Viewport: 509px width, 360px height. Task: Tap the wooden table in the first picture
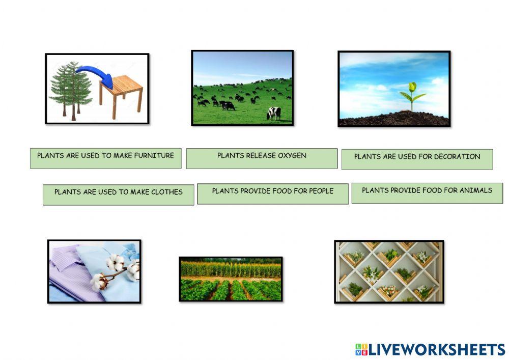[122, 92]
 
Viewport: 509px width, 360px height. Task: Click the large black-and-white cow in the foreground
[274, 113]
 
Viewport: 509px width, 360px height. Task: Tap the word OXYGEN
[292, 155]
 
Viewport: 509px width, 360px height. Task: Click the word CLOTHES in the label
[166, 192]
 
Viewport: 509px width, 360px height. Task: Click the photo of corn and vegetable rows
[231, 279]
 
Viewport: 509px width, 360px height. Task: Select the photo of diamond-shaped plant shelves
[389, 271]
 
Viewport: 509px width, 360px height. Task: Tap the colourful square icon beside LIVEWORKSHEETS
[361, 349]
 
